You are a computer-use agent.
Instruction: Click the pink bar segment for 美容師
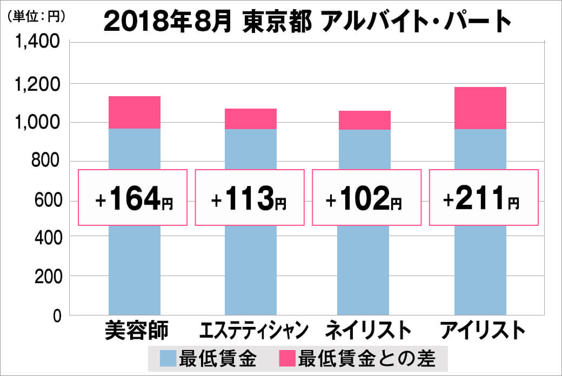[135, 112]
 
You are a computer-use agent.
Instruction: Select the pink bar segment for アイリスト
[480, 108]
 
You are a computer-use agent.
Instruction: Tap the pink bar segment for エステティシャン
[250, 119]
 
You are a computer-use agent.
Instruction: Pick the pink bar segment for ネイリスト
[365, 120]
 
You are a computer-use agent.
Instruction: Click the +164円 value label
[133, 198]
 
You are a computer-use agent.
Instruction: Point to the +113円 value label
[249, 198]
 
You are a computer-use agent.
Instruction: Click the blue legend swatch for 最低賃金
[169, 358]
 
